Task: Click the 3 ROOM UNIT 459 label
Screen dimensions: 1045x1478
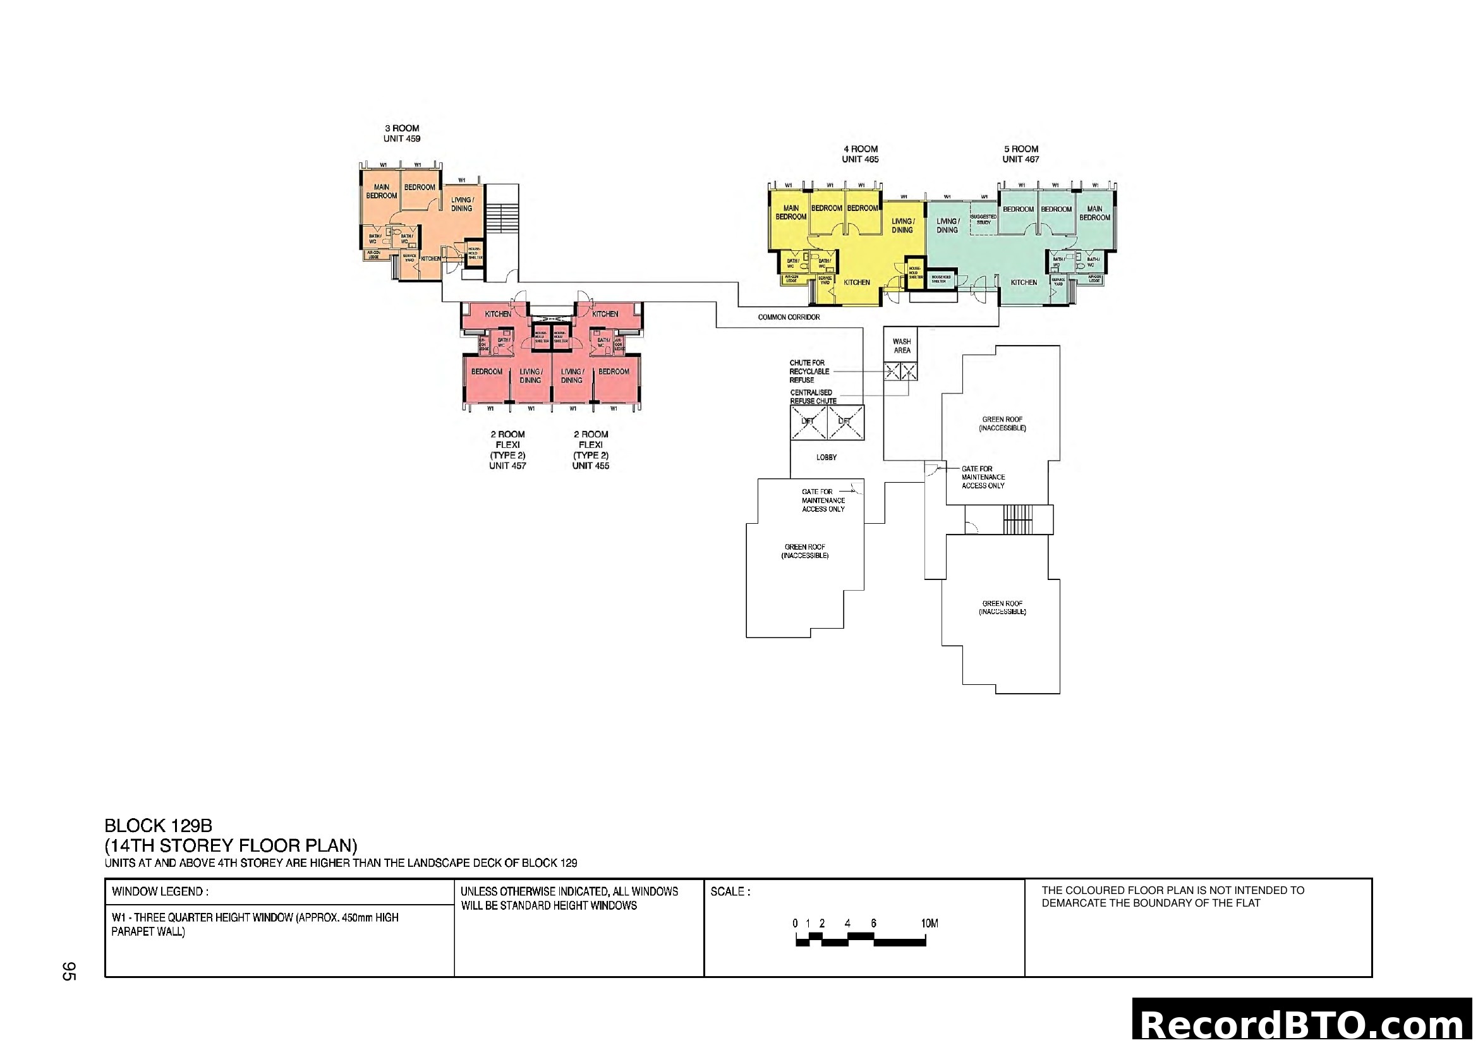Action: tap(402, 133)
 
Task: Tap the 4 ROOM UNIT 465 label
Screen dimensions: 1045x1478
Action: tap(860, 154)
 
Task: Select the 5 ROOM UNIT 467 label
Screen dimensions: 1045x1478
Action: tap(1021, 154)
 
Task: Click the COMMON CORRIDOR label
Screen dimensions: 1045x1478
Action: tap(789, 317)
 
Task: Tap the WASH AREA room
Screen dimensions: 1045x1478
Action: tap(901, 346)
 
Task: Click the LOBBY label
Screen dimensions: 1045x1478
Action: tap(827, 457)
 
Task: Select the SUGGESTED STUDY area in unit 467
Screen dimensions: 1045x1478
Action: tap(983, 219)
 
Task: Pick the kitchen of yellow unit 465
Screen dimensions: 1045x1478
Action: tap(856, 282)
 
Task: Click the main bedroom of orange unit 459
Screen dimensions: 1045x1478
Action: tap(381, 191)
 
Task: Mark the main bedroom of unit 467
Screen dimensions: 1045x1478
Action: tap(1094, 213)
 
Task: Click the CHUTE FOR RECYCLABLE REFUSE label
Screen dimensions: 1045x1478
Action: tap(809, 371)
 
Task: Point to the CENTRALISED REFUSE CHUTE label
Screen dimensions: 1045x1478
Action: tap(813, 396)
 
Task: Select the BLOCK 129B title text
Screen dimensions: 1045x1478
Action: tap(159, 826)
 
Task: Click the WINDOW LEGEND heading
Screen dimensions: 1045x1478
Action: tap(160, 892)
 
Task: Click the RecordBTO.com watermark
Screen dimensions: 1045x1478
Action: tap(1303, 1023)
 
